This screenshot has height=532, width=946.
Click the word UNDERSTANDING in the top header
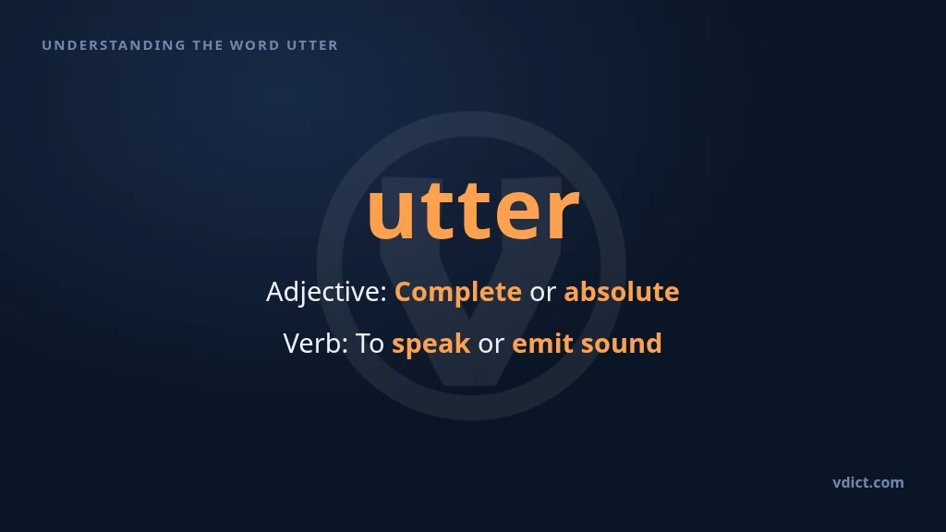pos(114,45)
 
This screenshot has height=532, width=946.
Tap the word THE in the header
pos(206,45)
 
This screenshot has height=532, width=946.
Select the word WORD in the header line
pos(255,45)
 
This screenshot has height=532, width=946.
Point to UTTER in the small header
pos(312,45)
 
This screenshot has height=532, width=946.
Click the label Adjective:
pos(326,292)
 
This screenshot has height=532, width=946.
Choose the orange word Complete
pos(458,293)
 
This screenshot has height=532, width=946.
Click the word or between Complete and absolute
pos(542,293)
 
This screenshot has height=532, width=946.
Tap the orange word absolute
pos(622,291)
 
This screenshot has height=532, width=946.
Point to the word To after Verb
pos(370,344)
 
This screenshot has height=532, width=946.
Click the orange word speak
pos(431,345)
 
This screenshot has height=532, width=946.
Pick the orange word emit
pos(542,344)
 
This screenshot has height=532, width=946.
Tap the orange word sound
pos(621,344)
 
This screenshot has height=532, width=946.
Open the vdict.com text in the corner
pos(868,482)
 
